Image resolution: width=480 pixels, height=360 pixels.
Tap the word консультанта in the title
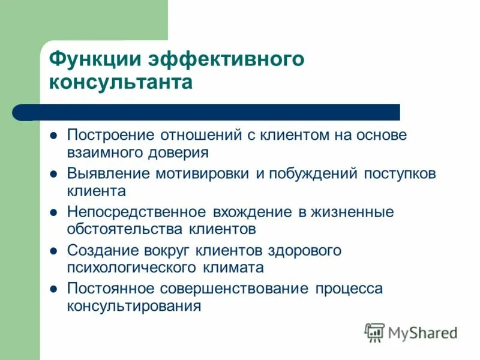[x=121, y=82]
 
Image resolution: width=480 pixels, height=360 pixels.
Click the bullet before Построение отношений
[x=53, y=136]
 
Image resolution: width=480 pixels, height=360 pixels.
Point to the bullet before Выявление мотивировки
[x=53, y=174]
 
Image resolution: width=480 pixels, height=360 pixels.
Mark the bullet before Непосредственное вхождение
[x=53, y=212]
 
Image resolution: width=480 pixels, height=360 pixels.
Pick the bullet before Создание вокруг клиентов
[x=53, y=251]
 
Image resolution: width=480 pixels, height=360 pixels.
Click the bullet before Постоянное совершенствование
[x=53, y=289]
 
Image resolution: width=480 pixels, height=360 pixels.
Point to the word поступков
[x=398, y=173]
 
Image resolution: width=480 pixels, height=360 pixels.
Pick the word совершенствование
[x=235, y=289]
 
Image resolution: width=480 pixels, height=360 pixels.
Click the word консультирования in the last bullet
[x=133, y=306]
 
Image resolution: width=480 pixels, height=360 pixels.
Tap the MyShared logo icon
[x=374, y=332]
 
